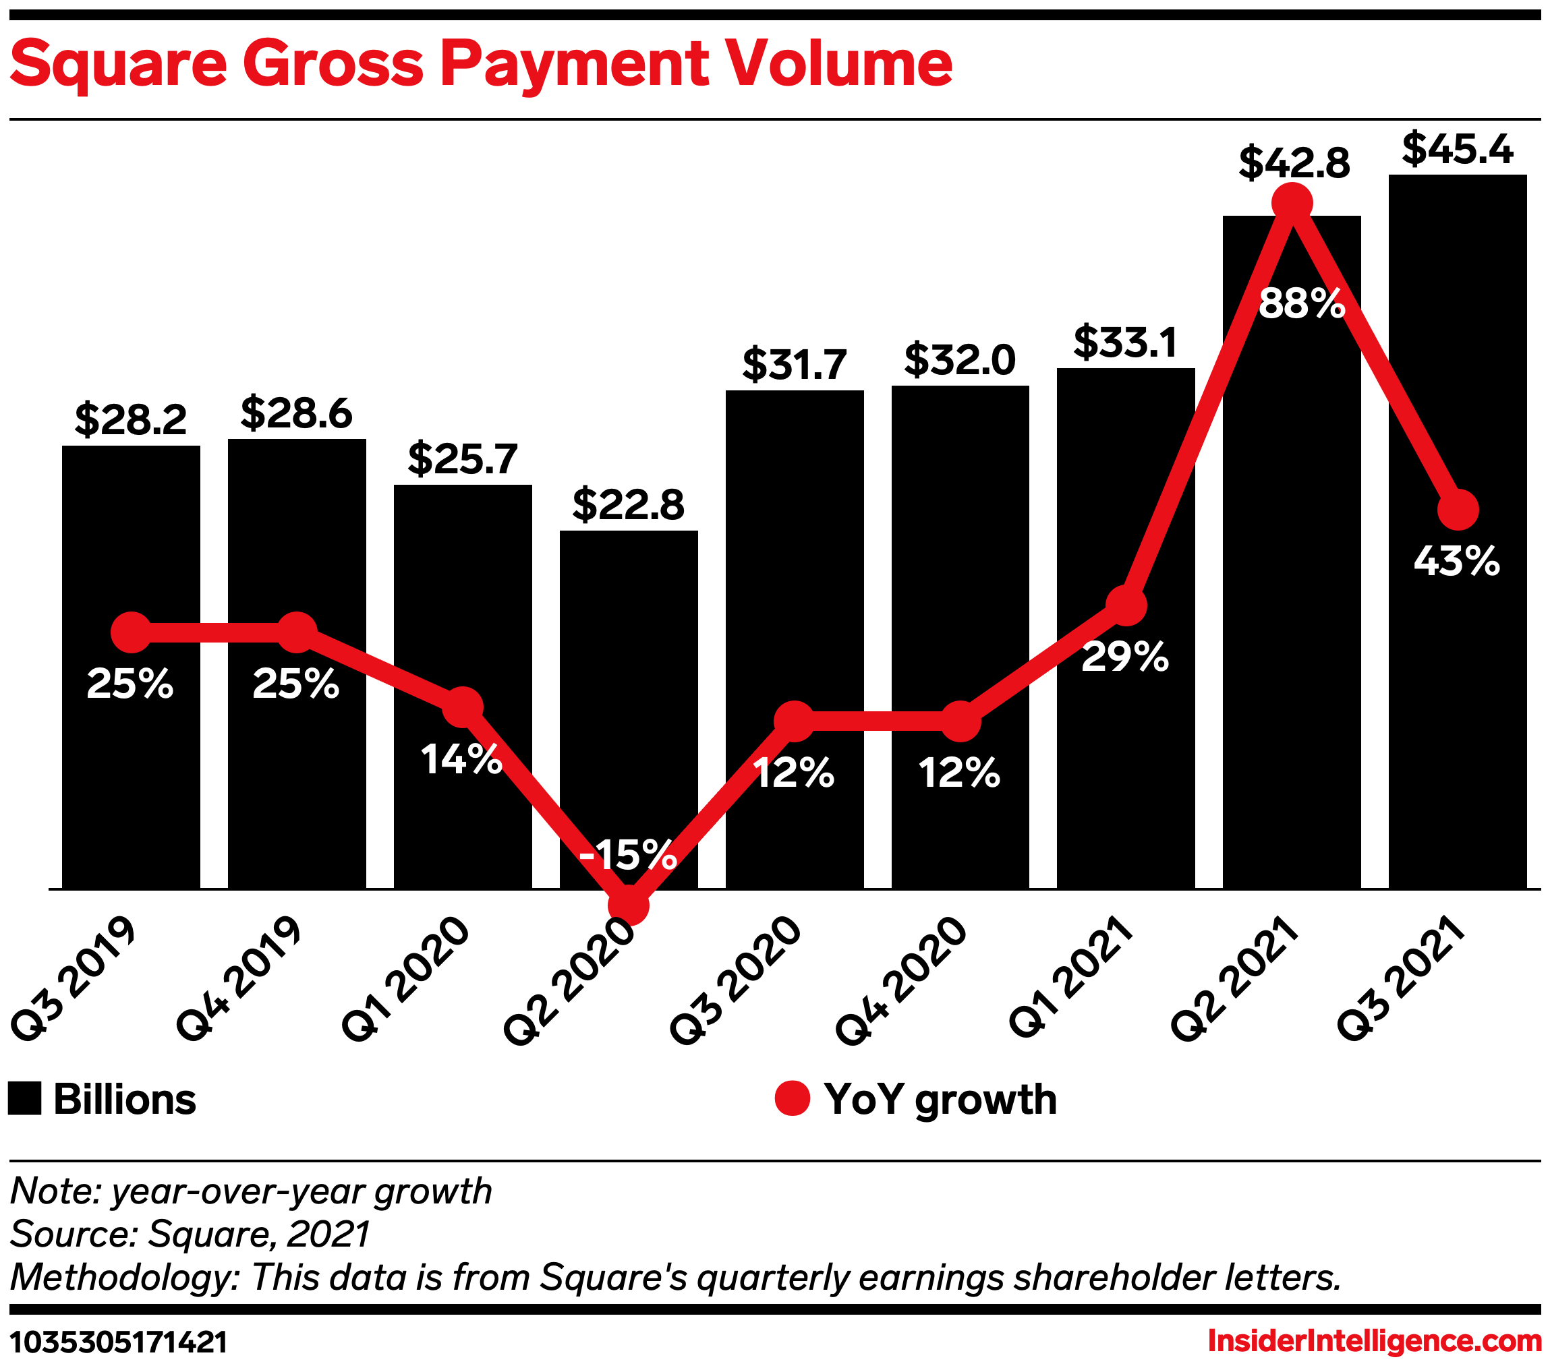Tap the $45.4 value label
[1457, 150]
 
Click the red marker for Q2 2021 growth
[1292, 202]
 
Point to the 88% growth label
[1301, 303]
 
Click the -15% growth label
[628, 854]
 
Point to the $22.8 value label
[628, 505]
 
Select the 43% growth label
[1456, 562]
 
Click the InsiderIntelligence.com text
[1374, 1341]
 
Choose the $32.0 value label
[959, 359]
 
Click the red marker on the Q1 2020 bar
[463, 707]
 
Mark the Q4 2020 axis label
[902, 980]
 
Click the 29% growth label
[1124, 657]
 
